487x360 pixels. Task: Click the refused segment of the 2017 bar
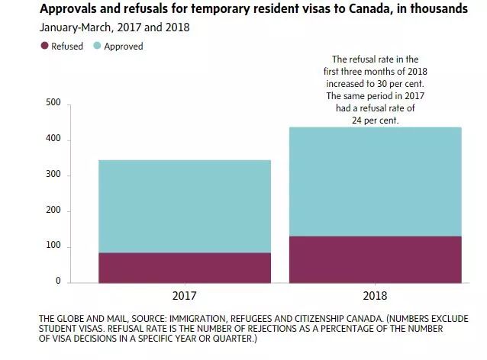[184, 268]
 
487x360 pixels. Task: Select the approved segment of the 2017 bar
[184, 206]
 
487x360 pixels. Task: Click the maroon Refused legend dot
[44, 46]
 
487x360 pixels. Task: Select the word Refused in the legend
[67, 46]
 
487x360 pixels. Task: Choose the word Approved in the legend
[123, 46]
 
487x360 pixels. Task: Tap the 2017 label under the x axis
[184, 294]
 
